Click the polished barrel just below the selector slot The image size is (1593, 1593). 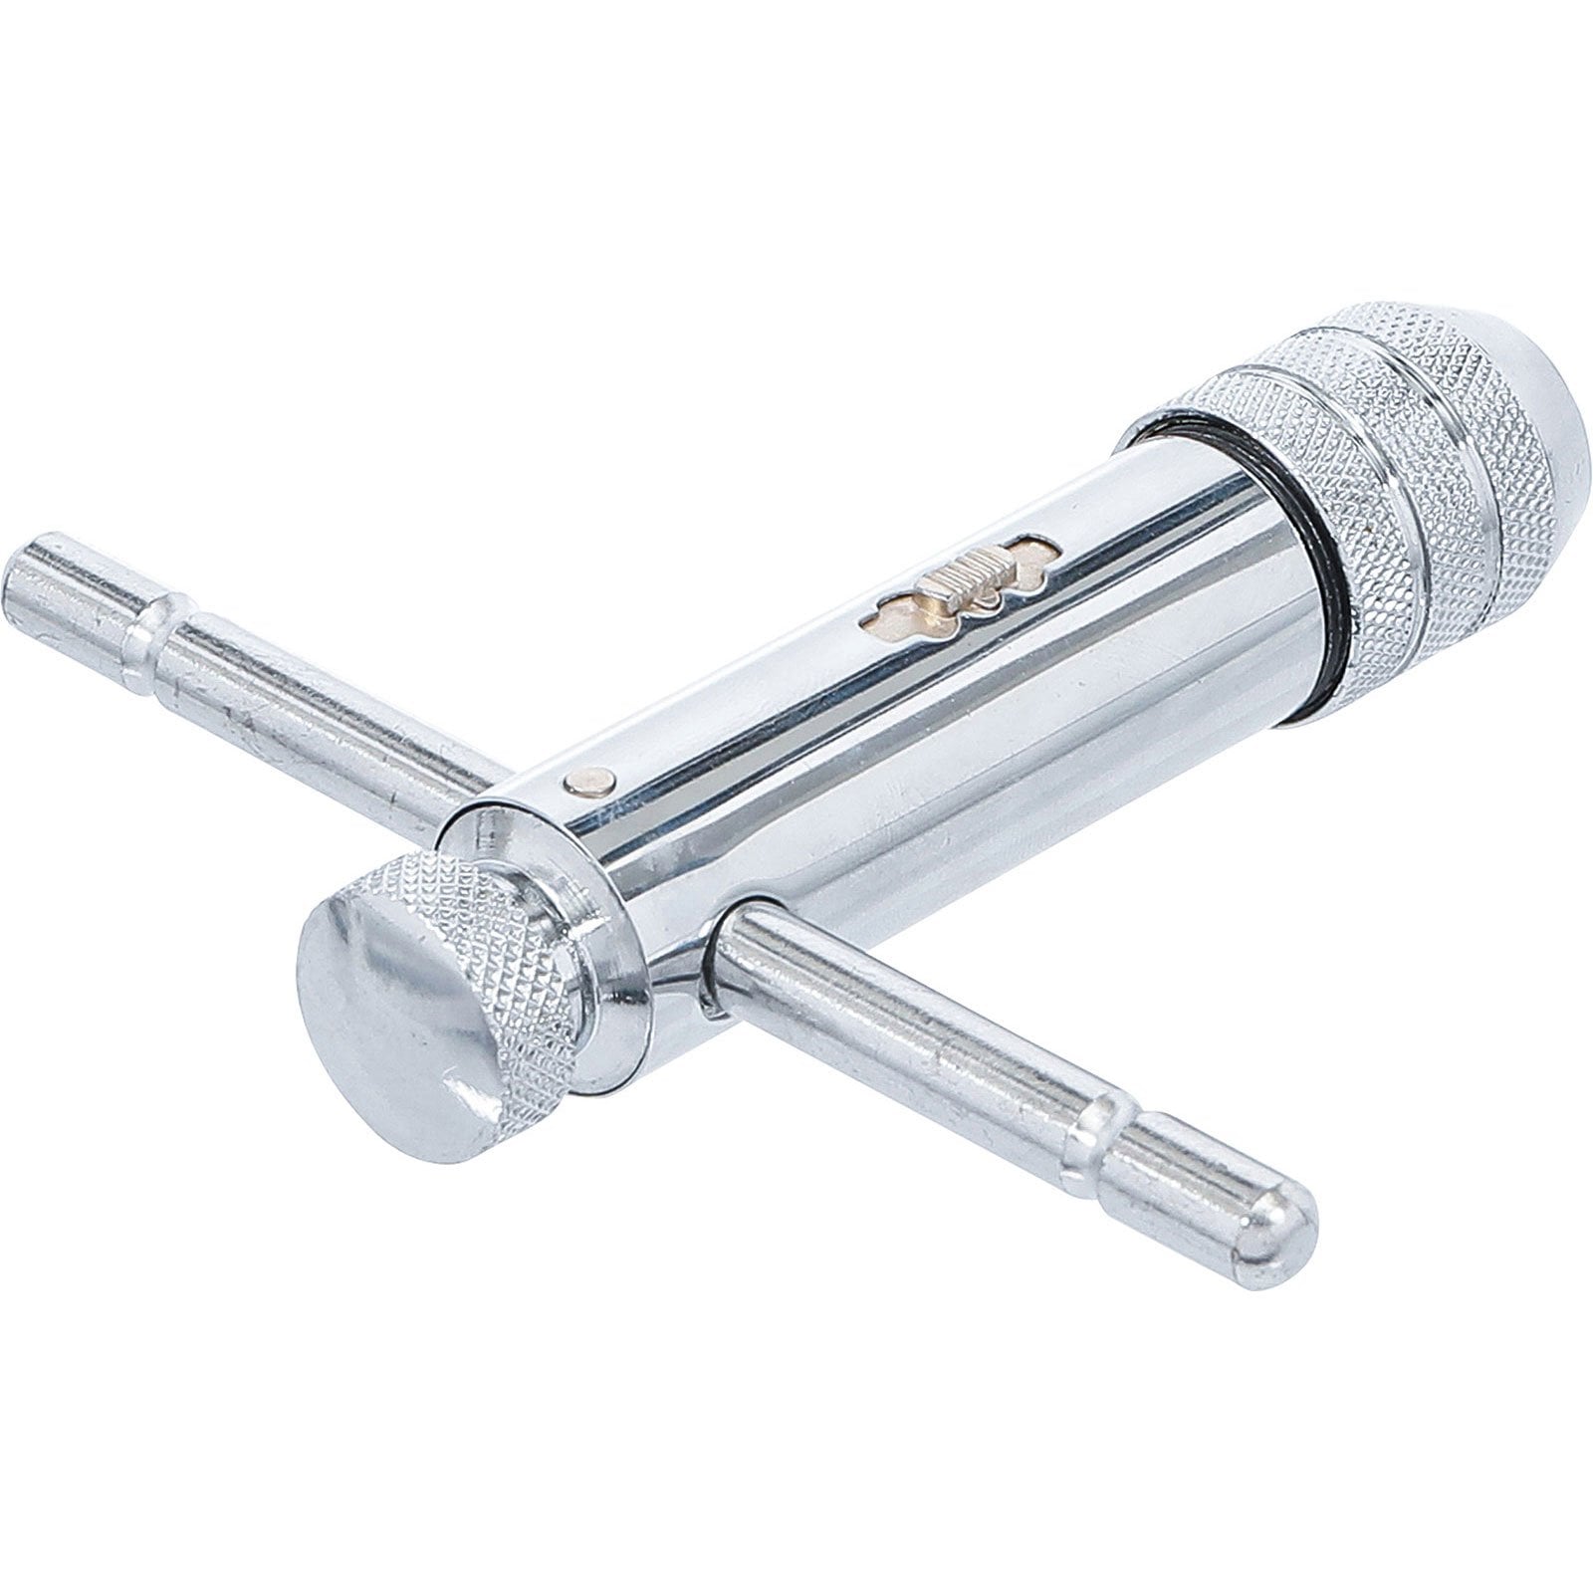point(956,677)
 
